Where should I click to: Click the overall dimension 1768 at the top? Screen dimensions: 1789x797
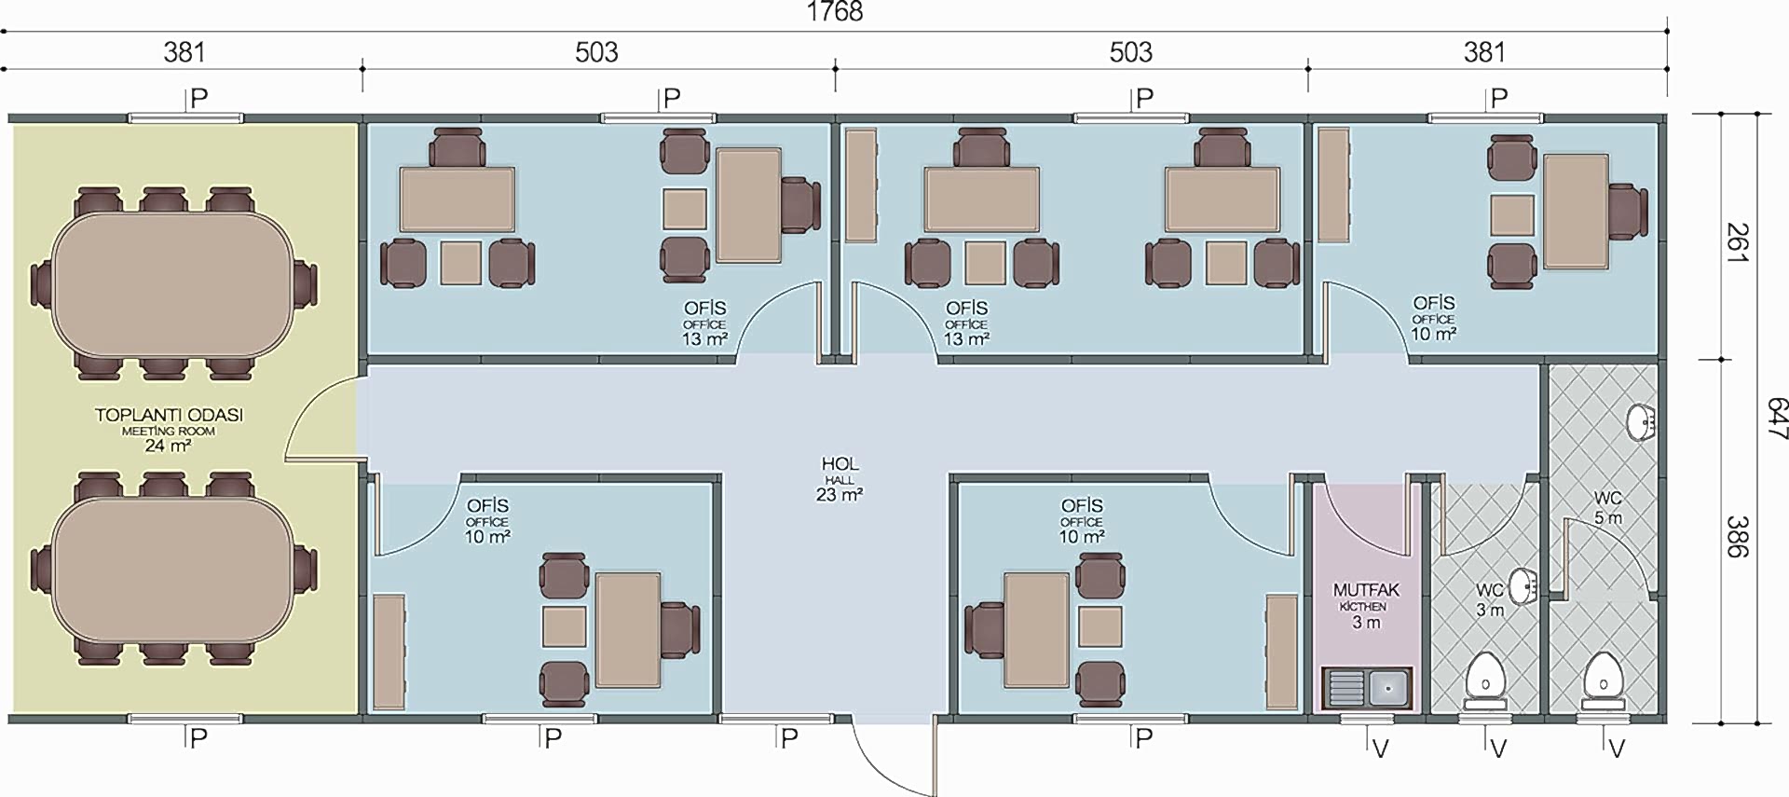tap(834, 11)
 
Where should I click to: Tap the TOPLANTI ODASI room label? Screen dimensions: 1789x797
tap(169, 415)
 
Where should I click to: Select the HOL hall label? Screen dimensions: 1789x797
tap(840, 463)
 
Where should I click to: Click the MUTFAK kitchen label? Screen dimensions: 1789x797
tap(1366, 589)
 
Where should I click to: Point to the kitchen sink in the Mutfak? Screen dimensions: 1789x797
tap(1367, 688)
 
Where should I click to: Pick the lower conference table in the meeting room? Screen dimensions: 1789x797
tap(174, 568)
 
